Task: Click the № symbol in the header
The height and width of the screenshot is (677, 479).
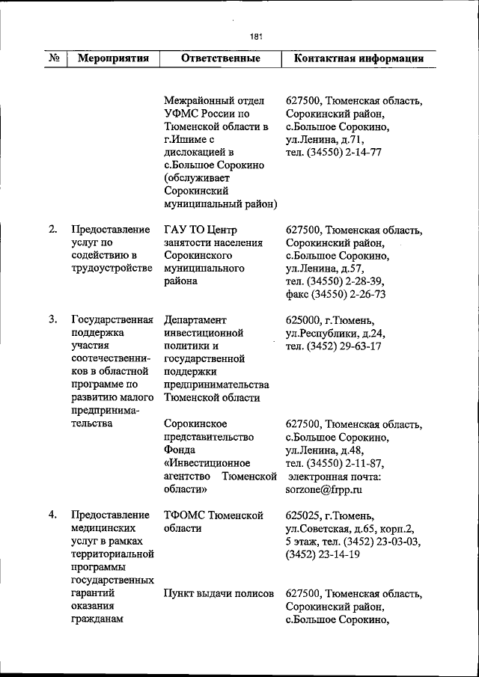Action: point(54,58)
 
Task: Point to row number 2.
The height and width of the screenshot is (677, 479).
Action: point(54,230)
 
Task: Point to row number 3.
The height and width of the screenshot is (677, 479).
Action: point(54,320)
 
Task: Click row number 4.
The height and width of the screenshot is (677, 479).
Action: point(54,515)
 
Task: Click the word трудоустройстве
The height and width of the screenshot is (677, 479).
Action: point(112,269)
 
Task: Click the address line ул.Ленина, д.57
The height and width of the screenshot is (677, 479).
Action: point(326,269)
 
